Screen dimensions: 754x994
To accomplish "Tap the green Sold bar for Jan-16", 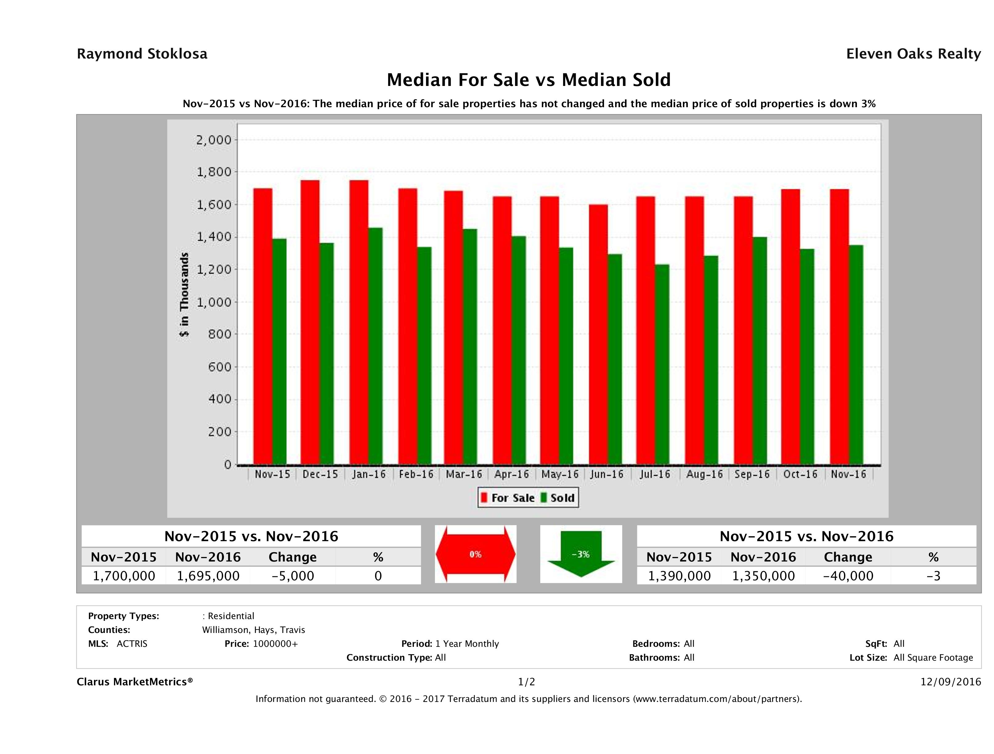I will pos(375,346).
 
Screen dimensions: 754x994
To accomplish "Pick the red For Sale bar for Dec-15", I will pos(310,322).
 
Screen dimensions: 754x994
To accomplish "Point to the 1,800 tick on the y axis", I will pos(213,172).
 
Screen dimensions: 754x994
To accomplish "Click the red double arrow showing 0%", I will pos(475,554).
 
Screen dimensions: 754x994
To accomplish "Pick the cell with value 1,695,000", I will pos(208,576).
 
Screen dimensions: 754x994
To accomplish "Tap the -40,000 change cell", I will pos(848,576).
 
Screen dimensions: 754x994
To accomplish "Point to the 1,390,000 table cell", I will pos(679,576).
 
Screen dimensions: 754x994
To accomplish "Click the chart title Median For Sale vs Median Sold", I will pos(529,80).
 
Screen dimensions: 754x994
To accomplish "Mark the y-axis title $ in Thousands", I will pos(184,294).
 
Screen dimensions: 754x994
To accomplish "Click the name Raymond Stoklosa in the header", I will pos(142,54).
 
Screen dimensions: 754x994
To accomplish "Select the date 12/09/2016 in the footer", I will pos(950,682).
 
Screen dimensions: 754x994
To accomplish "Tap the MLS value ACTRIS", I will pos(132,643).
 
